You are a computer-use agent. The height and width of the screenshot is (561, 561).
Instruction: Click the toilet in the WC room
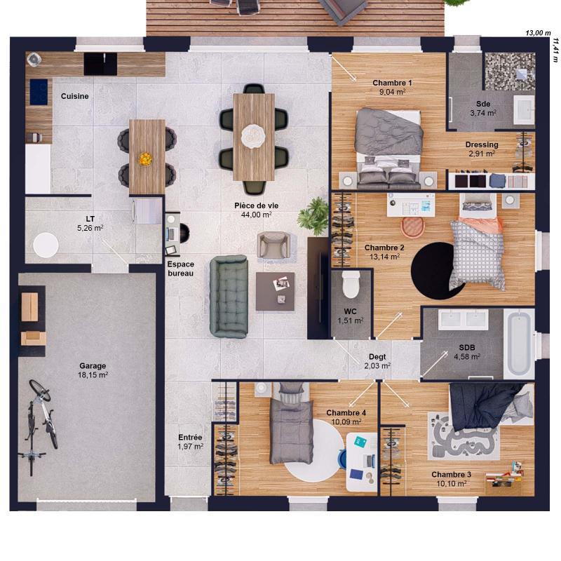coord(350,285)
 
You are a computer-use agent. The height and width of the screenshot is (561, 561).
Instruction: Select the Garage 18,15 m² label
coord(93,370)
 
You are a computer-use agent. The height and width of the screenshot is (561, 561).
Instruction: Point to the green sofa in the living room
coord(229,296)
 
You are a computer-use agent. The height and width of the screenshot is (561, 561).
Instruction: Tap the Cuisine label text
coord(74,96)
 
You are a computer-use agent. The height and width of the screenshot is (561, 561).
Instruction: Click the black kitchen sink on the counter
coord(100,64)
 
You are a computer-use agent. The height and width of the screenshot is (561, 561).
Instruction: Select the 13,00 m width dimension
coord(538,33)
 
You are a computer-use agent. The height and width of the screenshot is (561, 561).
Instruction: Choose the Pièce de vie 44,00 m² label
coord(256,210)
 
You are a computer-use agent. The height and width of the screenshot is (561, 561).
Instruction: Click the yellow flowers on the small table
coord(145,159)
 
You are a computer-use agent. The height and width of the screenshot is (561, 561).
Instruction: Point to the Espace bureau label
coord(181,268)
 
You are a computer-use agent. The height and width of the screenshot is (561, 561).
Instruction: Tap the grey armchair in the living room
coord(273,245)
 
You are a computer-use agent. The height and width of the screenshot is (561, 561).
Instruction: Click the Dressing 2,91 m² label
coord(482,149)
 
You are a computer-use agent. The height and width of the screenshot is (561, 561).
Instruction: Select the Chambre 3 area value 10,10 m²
coord(451,484)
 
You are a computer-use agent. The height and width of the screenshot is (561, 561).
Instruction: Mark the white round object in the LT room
coord(46,245)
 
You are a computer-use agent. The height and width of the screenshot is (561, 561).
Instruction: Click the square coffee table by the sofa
coord(275,291)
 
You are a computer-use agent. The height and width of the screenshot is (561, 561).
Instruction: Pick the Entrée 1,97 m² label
coord(189,441)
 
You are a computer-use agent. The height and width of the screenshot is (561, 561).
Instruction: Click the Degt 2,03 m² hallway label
coord(377,360)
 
